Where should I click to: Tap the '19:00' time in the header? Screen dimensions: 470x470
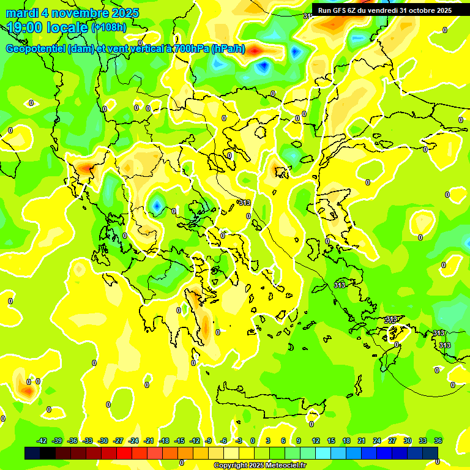[x=25, y=28]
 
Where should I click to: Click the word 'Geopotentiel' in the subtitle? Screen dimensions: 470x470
[x=36, y=50]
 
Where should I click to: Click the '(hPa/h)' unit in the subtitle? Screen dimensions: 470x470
[x=228, y=50]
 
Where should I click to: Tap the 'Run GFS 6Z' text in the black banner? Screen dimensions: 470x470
[x=338, y=10]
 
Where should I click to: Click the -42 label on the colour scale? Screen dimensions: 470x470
[x=42, y=441]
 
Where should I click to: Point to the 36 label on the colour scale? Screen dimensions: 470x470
[x=438, y=441]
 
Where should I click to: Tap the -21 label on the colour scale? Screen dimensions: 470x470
[x=149, y=441]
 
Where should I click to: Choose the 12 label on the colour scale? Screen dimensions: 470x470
[x=315, y=441]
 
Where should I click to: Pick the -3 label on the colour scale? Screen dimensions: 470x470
[x=239, y=441]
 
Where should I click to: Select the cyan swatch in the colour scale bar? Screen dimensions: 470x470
[x=338, y=453]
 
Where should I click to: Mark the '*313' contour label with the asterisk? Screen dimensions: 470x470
[x=244, y=203]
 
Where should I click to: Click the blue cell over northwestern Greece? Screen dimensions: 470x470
[x=156, y=206]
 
